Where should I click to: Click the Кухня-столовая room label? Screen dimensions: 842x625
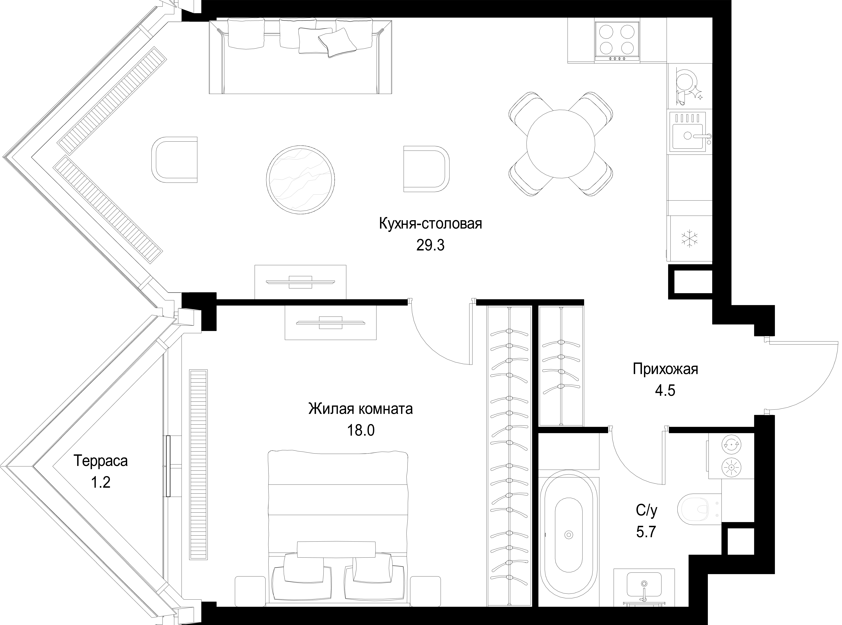(x=430, y=224)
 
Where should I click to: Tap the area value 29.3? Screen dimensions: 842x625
(x=430, y=246)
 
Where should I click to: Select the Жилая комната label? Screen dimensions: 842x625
(x=360, y=409)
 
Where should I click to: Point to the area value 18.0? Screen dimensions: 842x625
(x=361, y=430)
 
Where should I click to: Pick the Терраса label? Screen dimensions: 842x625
(x=101, y=461)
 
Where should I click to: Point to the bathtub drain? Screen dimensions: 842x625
(x=568, y=535)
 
